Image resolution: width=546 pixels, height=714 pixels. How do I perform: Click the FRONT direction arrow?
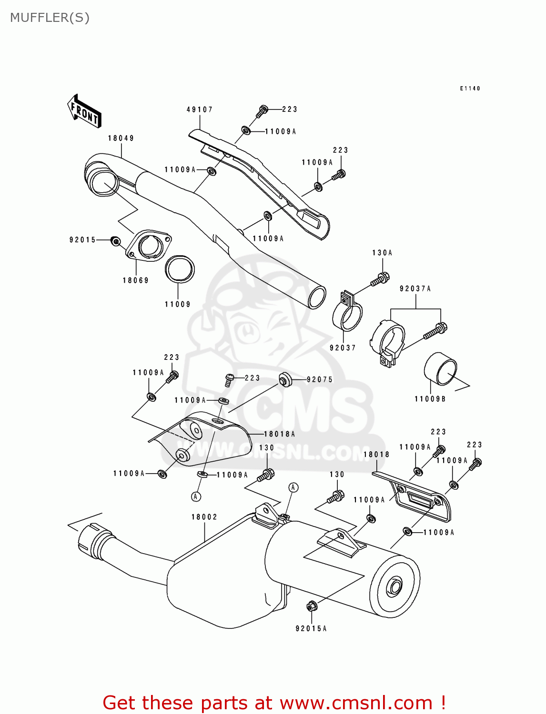click(84, 111)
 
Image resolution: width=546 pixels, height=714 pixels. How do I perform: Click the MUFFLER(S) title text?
click(50, 18)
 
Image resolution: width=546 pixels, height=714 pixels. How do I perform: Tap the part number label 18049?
click(121, 138)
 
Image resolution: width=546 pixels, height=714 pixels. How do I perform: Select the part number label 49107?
click(200, 109)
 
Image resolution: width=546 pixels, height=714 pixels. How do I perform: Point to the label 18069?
click(136, 280)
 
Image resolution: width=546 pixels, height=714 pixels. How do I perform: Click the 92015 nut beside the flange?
click(115, 241)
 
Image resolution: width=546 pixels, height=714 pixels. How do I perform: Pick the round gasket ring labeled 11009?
click(179, 269)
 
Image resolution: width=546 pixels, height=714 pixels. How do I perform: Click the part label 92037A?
click(415, 288)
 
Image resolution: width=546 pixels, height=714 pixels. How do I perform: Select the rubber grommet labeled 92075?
click(285, 379)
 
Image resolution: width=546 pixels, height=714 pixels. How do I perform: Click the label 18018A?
click(280, 434)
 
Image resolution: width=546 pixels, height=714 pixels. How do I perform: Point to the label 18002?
click(204, 516)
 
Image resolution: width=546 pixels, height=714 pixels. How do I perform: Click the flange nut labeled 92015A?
click(312, 606)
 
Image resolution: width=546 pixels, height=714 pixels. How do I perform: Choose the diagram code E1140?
click(470, 88)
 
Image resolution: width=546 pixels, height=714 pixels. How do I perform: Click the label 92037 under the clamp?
click(343, 347)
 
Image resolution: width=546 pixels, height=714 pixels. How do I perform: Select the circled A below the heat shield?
click(196, 496)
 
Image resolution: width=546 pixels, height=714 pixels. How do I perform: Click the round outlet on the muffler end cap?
click(394, 587)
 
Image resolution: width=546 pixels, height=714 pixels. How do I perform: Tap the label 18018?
click(376, 454)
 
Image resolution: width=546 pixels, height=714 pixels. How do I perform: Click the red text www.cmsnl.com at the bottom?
click(356, 703)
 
